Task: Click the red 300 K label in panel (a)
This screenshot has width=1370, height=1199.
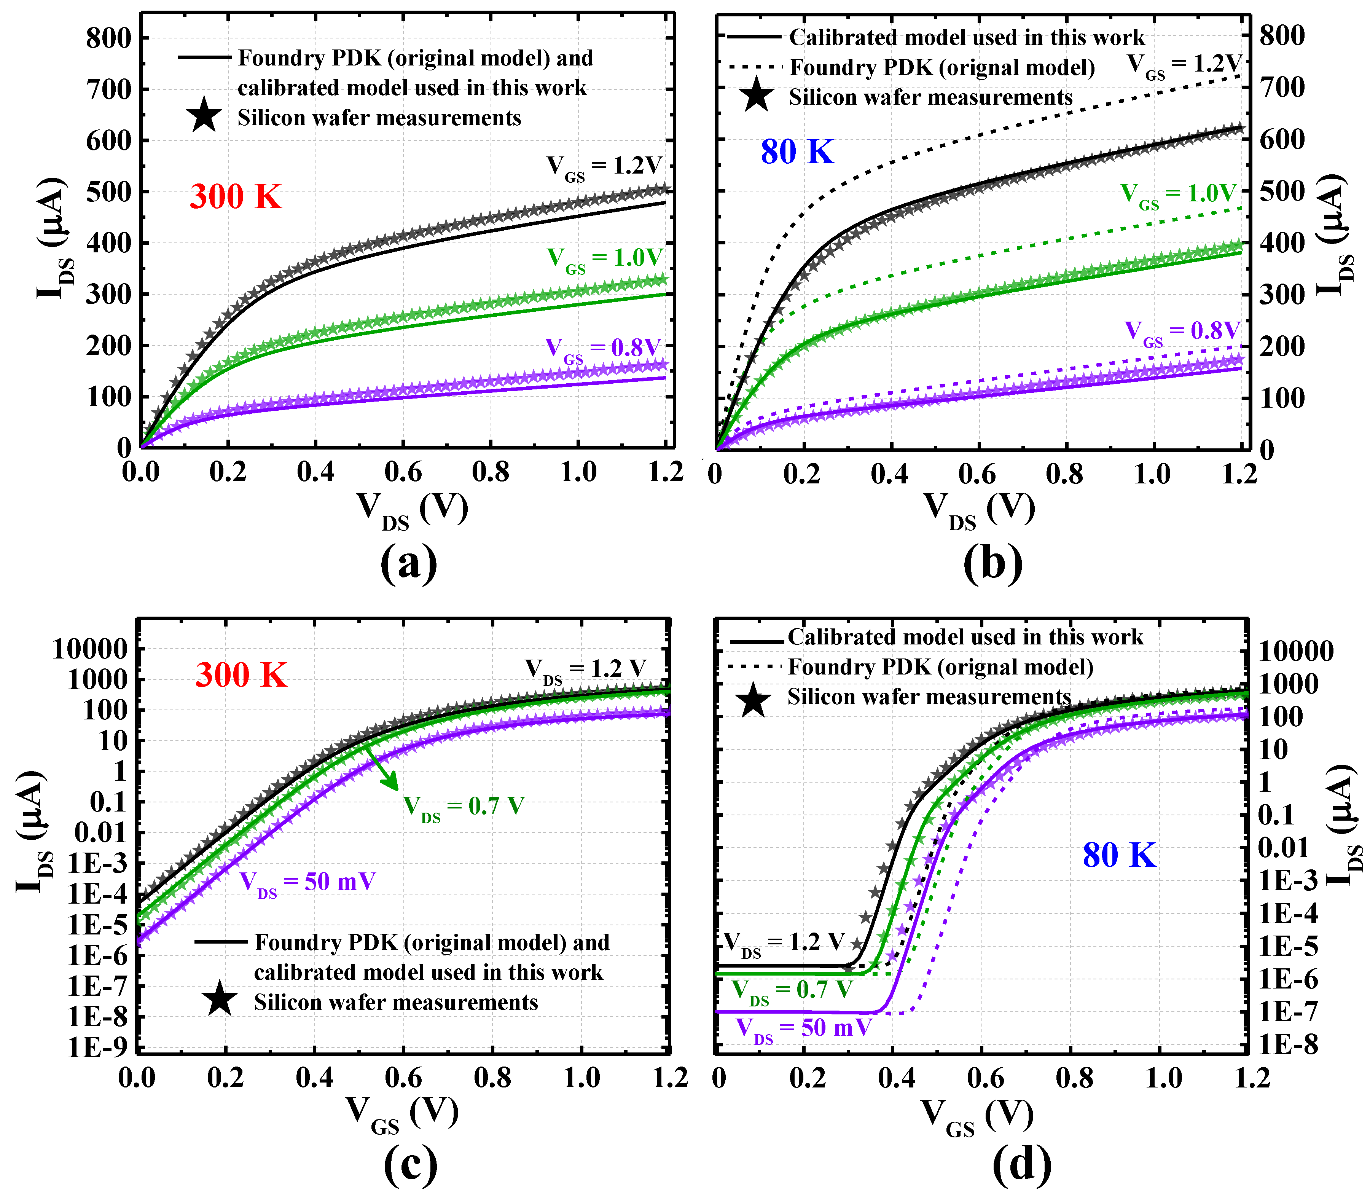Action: [x=236, y=197]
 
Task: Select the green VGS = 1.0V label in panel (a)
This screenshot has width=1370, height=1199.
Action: [x=604, y=259]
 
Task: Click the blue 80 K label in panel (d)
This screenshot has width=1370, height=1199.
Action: [x=1118, y=855]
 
